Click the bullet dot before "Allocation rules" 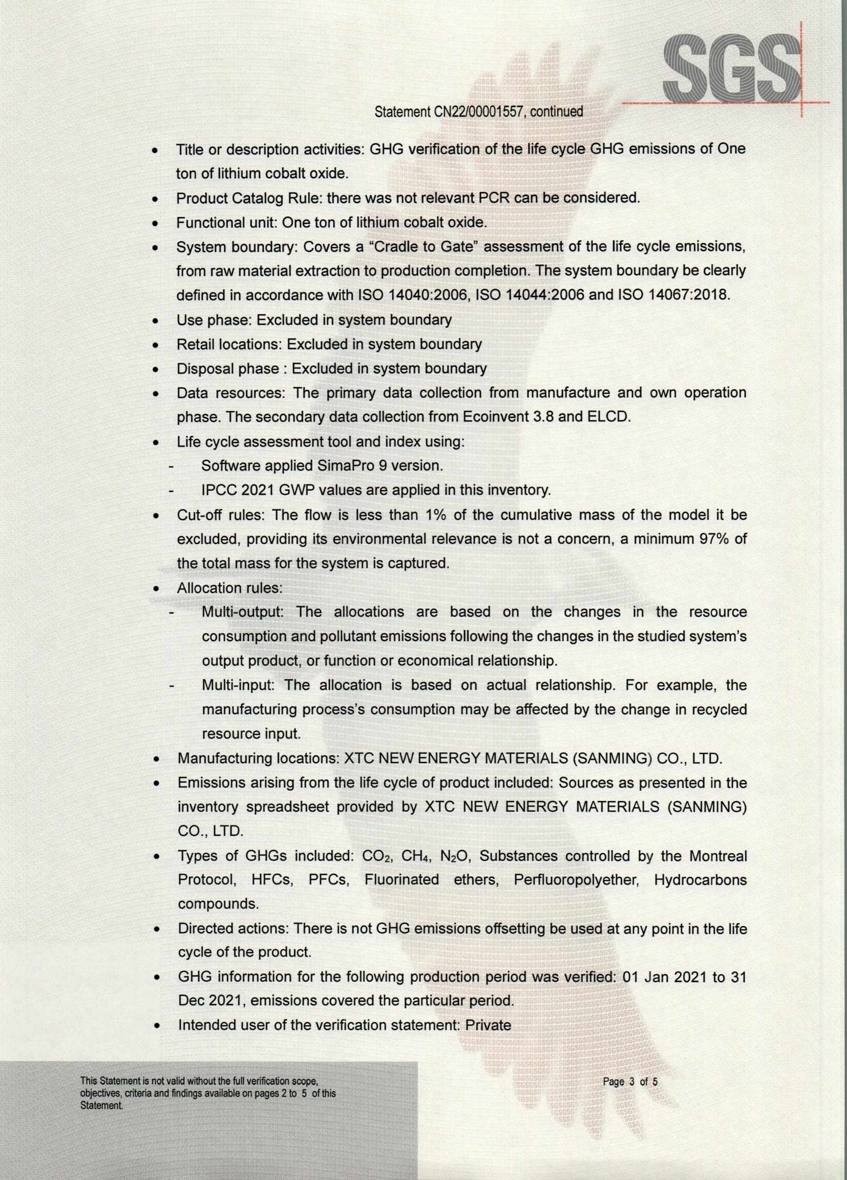[156, 589]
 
